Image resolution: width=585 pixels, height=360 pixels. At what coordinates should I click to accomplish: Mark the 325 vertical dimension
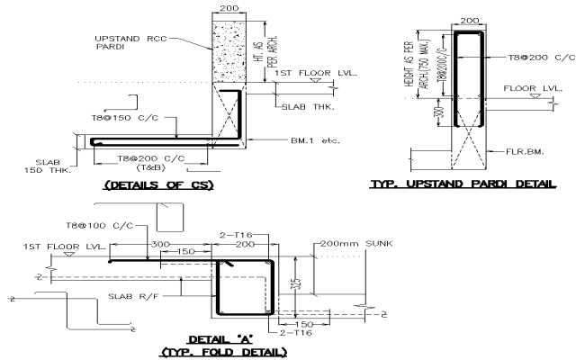[296, 288]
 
